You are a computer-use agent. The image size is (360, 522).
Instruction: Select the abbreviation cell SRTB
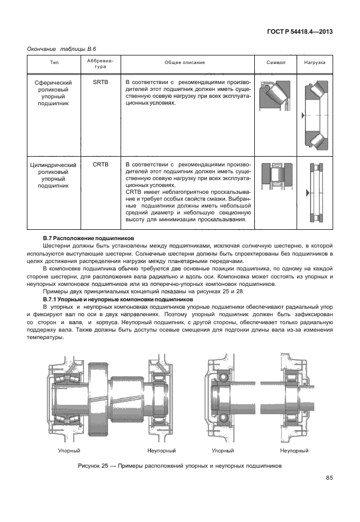click(x=100, y=82)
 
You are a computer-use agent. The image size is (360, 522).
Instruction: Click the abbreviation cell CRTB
click(x=100, y=165)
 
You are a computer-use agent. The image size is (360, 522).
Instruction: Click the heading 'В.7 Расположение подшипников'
click(x=88, y=237)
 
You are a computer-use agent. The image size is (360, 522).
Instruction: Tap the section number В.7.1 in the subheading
click(x=53, y=300)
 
